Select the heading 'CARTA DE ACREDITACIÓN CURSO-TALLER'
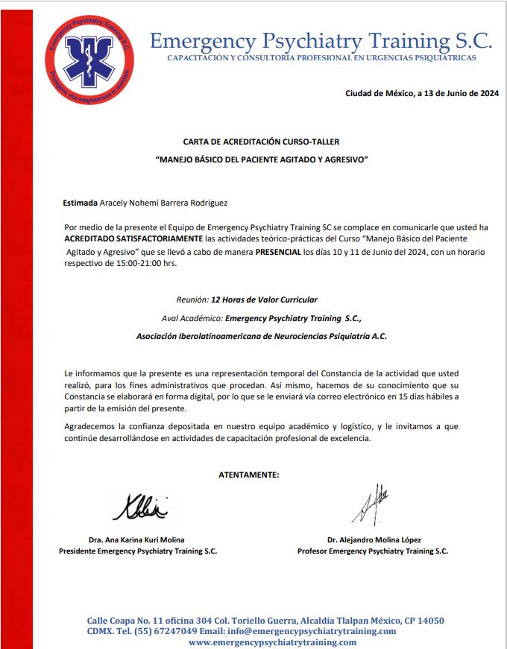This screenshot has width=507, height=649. tap(261, 141)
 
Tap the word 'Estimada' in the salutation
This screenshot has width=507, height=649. tap(81, 203)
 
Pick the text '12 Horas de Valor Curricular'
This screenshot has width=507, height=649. tap(264, 300)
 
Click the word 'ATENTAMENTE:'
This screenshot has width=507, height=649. tap(249, 475)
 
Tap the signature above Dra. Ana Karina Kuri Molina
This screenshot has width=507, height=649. tap(140, 507)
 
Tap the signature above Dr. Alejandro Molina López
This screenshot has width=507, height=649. tap(371, 504)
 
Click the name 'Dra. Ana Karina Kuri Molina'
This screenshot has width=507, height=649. tap(136, 539)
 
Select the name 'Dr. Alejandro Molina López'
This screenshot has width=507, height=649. tap(374, 539)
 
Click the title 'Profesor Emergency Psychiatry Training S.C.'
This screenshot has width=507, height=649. tap(373, 551)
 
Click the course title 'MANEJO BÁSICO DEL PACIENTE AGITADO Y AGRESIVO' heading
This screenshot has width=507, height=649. tap(262, 160)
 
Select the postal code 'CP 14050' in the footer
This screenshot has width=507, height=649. tap(423, 620)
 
